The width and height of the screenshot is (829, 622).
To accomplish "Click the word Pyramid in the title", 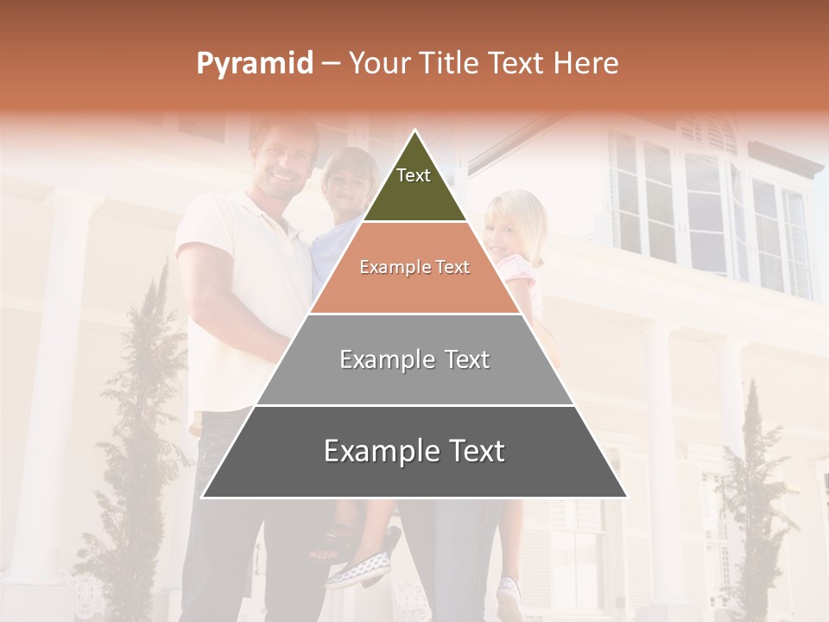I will click(x=255, y=64).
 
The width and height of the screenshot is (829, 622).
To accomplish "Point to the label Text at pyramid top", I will click(x=414, y=175).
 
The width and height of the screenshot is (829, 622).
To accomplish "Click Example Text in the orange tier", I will click(x=414, y=268).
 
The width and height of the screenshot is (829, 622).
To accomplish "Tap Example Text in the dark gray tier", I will click(x=414, y=451).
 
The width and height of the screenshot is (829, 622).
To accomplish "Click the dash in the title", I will click(x=331, y=64).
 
